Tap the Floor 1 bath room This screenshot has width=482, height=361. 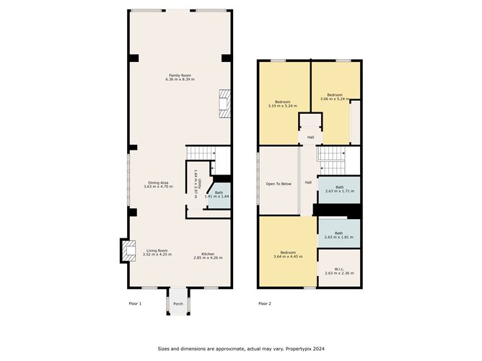click(x=219, y=195)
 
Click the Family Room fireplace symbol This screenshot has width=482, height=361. click(x=224, y=104)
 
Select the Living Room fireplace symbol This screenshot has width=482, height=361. click(x=129, y=251)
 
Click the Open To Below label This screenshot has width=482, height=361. click(x=279, y=184)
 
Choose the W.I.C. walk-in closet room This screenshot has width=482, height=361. click(x=339, y=268)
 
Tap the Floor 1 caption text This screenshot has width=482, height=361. click(x=135, y=303)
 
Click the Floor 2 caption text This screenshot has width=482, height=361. click(x=265, y=303)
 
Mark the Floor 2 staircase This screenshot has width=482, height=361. click(x=331, y=161)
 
